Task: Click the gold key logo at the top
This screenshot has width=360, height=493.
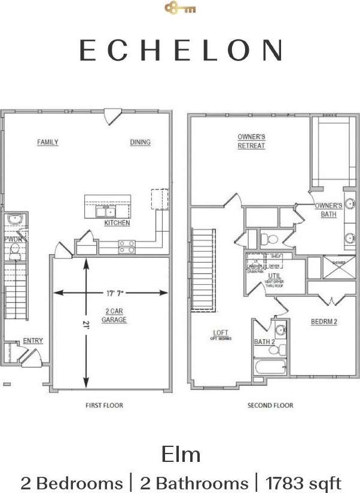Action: [x=180, y=8]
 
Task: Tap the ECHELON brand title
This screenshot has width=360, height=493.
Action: [x=180, y=50]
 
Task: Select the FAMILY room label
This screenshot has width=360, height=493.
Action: [x=48, y=142]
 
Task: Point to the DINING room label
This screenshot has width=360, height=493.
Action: [x=141, y=142]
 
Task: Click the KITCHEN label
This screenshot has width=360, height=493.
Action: [x=117, y=223]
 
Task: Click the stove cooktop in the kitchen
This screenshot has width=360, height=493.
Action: [x=127, y=246]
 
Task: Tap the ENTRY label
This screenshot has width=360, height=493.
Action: [x=33, y=341]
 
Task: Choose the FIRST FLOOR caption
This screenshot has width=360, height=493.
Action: [x=104, y=406]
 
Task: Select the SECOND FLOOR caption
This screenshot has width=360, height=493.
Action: [x=270, y=406]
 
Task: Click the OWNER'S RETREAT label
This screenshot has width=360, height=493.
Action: [x=251, y=141]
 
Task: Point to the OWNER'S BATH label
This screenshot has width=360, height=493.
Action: [x=328, y=210]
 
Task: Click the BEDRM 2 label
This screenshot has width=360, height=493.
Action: [x=324, y=322]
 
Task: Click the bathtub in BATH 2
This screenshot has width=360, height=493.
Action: [x=271, y=367]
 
